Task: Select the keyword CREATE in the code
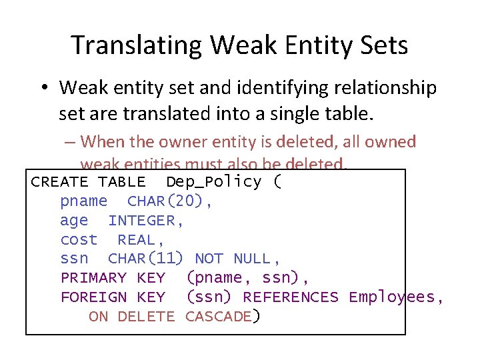tap(59, 182)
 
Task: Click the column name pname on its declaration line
tap(83, 201)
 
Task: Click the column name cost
tap(79, 239)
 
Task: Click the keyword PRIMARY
tap(93, 278)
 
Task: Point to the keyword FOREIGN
tap(93, 297)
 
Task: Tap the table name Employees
tap(392, 297)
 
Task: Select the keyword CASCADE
tap(218, 317)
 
